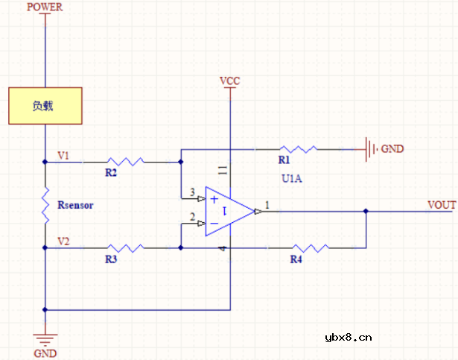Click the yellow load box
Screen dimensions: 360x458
tap(45, 106)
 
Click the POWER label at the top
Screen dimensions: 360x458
tap(45, 7)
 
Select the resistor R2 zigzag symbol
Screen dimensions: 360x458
tap(124, 161)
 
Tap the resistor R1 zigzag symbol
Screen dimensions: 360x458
tap(299, 149)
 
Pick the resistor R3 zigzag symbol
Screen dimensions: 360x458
tap(124, 247)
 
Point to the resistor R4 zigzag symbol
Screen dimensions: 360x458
tap(308, 247)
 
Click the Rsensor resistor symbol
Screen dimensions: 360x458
tap(45, 205)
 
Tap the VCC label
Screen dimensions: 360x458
tap(229, 80)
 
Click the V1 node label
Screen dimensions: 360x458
tap(63, 156)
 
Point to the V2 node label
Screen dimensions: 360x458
tap(63, 241)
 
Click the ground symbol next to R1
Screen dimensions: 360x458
tap(369, 149)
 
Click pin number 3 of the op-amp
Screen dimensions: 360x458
tap(192, 193)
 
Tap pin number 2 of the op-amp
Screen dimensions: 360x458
tap(192, 218)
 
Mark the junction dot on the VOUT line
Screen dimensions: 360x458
tap(366, 212)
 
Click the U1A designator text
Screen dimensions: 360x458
tap(291, 179)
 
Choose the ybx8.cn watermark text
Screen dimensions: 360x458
tap(348, 337)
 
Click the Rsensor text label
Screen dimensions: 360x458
tap(76, 205)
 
